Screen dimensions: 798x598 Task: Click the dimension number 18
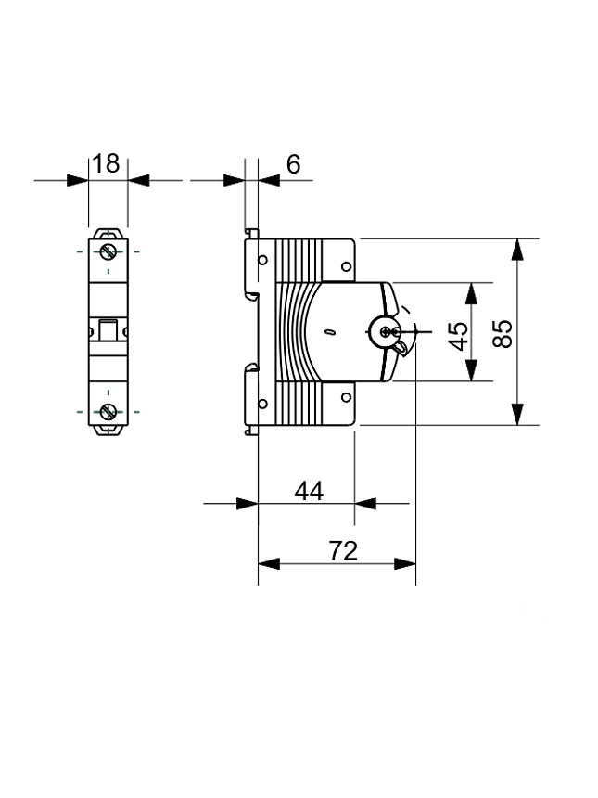pos(107,164)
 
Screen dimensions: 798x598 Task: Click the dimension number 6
pos(293,164)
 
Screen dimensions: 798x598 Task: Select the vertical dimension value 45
pos(458,335)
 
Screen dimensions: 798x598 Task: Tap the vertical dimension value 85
pos(502,333)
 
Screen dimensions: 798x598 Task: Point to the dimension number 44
pos(309,491)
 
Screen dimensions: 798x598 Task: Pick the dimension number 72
pos(343,550)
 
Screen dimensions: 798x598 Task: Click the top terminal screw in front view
pos(108,251)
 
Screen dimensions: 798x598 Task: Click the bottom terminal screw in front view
pos(108,411)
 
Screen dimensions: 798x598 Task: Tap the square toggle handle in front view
pos(108,331)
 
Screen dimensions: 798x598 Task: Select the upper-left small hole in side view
pos(262,261)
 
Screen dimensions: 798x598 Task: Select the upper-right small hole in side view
pos(345,266)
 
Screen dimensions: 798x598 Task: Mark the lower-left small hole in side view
pos(262,403)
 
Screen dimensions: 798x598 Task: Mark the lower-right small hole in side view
pos(345,397)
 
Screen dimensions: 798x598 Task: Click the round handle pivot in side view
pos(386,331)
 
